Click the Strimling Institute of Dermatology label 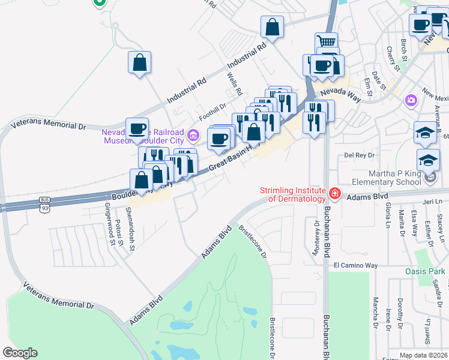(292, 194)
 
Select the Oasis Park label (424, 272)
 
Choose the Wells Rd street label (235, 85)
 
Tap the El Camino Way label (356, 265)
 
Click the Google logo (20, 353)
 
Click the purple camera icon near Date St (411, 100)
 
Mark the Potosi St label (121, 233)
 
